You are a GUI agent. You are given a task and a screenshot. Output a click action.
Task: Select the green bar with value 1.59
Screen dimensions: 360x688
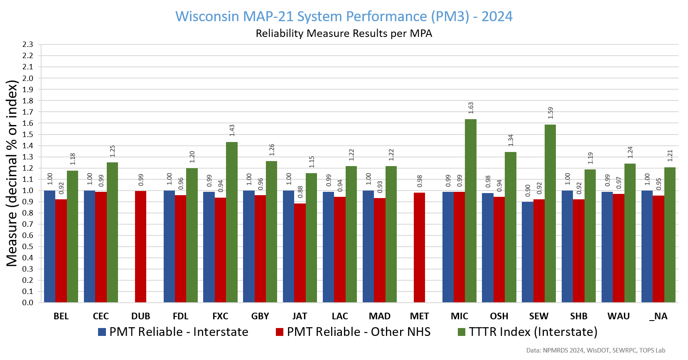(550, 213)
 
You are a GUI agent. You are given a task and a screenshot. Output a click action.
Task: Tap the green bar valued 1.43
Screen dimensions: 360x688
(232, 222)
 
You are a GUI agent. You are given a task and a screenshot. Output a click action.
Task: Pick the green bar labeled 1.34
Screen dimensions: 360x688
(511, 227)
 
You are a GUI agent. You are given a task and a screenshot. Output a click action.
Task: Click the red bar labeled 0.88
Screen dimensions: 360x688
(300, 252)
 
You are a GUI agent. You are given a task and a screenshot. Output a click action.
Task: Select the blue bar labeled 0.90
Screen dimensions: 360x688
(527, 252)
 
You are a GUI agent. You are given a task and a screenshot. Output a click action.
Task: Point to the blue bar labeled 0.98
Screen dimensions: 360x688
(488, 247)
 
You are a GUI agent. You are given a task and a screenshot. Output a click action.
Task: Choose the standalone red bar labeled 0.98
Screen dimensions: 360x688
(420, 247)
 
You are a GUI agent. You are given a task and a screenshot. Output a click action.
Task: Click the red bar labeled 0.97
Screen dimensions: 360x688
(619, 248)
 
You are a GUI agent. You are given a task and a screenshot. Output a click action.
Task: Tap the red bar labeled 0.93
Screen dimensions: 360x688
(379, 250)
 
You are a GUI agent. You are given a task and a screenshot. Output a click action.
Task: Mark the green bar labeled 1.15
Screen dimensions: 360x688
(311, 238)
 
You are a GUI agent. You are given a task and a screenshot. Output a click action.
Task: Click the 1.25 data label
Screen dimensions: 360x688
(113, 151)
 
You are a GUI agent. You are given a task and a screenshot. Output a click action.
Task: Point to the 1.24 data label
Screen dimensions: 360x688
(630, 152)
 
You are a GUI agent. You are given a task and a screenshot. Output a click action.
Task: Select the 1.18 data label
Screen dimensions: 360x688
(73, 159)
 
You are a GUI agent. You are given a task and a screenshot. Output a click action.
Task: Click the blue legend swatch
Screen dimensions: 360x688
(102, 332)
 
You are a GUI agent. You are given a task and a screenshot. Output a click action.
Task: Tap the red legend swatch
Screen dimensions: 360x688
(280, 332)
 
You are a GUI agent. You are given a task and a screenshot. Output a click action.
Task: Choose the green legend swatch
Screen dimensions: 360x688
(462, 332)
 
